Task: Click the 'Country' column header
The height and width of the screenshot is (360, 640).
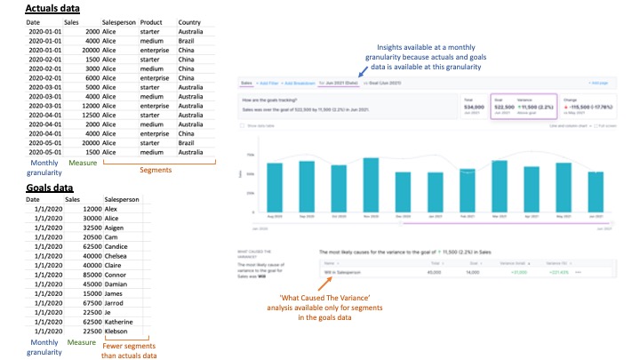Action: (x=189, y=21)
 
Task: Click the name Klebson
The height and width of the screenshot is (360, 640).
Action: (x=118, y=332)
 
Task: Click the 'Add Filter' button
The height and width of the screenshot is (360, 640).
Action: (x=268, y=83)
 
